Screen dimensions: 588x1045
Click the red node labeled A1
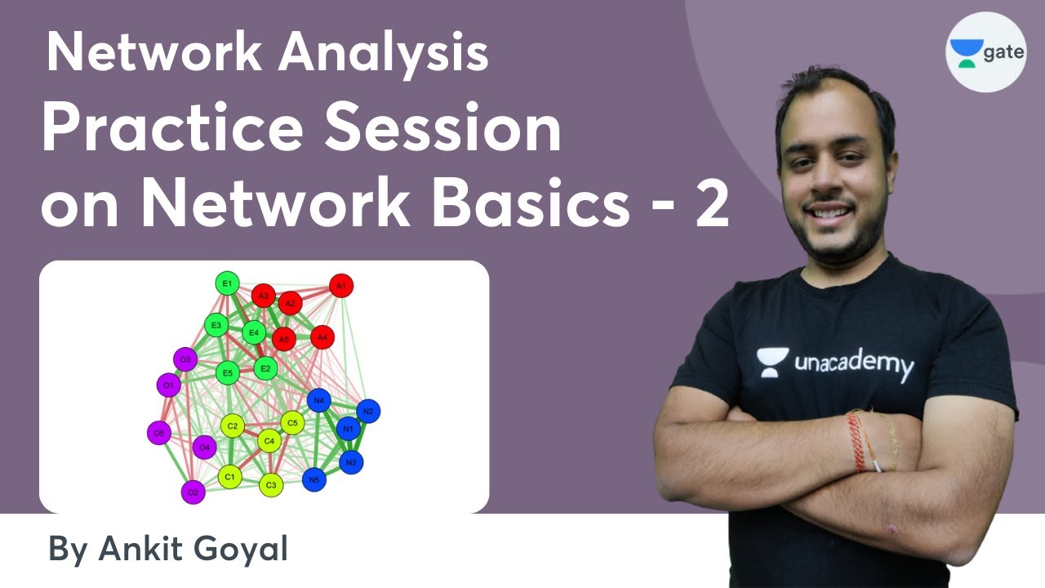click(x=341, y=286)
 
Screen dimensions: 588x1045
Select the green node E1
click(x=227, y=283)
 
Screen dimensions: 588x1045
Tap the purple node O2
click(x=193, y=492)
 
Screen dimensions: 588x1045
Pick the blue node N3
click(x=351, y=462)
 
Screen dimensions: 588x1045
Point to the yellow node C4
click(x=269, y=441)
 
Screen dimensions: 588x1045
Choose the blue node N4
click(x=319, y=401)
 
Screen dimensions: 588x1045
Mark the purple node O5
click(x=158, y=433)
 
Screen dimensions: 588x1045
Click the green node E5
click(x=228, y=374)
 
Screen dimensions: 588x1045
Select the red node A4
click(x=322, y=336)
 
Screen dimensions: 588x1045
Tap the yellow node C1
click(x=229, y=477)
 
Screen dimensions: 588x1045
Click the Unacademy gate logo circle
click(x=985, y=52)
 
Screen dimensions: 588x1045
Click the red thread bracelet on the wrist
click(x=855, y=442)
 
